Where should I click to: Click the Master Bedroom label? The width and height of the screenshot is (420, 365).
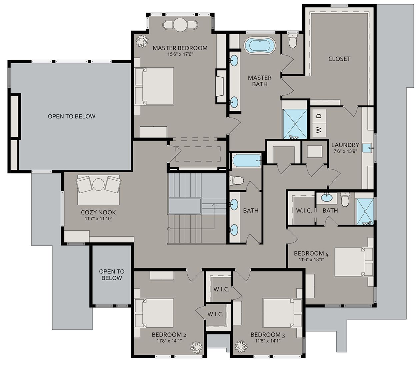pyautogui.click(x=180, y=48)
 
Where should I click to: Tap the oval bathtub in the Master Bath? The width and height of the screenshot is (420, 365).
pyautogui.click(x=260, y=46)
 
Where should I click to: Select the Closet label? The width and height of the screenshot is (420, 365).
pyautogui.click(x=339, y=59)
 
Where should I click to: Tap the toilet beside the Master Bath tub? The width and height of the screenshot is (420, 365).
pyautogui.click(x=293, y=41)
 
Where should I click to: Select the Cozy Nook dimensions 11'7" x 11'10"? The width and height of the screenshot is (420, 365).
pyautogui.click(x=98, y=219)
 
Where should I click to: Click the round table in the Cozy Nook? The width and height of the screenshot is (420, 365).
pyautogui.click(x=99, y=184)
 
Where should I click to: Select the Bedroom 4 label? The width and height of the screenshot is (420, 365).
pyautogui.click(x=311, y=254)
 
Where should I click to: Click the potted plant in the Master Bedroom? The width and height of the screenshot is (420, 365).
pyautogui.click(x=142, y=40)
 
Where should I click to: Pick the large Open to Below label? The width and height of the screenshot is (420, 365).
pyautogui.click(x=71, y=116)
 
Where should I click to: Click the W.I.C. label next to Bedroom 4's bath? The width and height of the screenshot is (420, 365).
pyautogui.click(x=304, y=211)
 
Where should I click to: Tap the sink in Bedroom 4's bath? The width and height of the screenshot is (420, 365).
pyautogui.click(x=327, y=198)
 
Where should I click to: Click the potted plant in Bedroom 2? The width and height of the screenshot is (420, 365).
pyautogui.click(x=197, y=346)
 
